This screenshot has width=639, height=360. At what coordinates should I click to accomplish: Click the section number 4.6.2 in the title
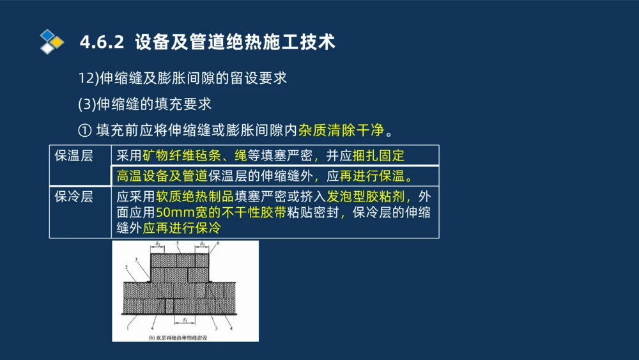(102, 43)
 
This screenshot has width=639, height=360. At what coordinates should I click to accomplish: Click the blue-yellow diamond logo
(52, 41)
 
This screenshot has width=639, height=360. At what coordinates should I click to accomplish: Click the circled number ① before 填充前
(85, 130)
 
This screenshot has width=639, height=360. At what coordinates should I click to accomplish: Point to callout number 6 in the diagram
(217, 245)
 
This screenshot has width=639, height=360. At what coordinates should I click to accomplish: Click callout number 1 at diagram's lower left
(128, 328)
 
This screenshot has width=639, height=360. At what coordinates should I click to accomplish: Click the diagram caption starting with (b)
(181, 337)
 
